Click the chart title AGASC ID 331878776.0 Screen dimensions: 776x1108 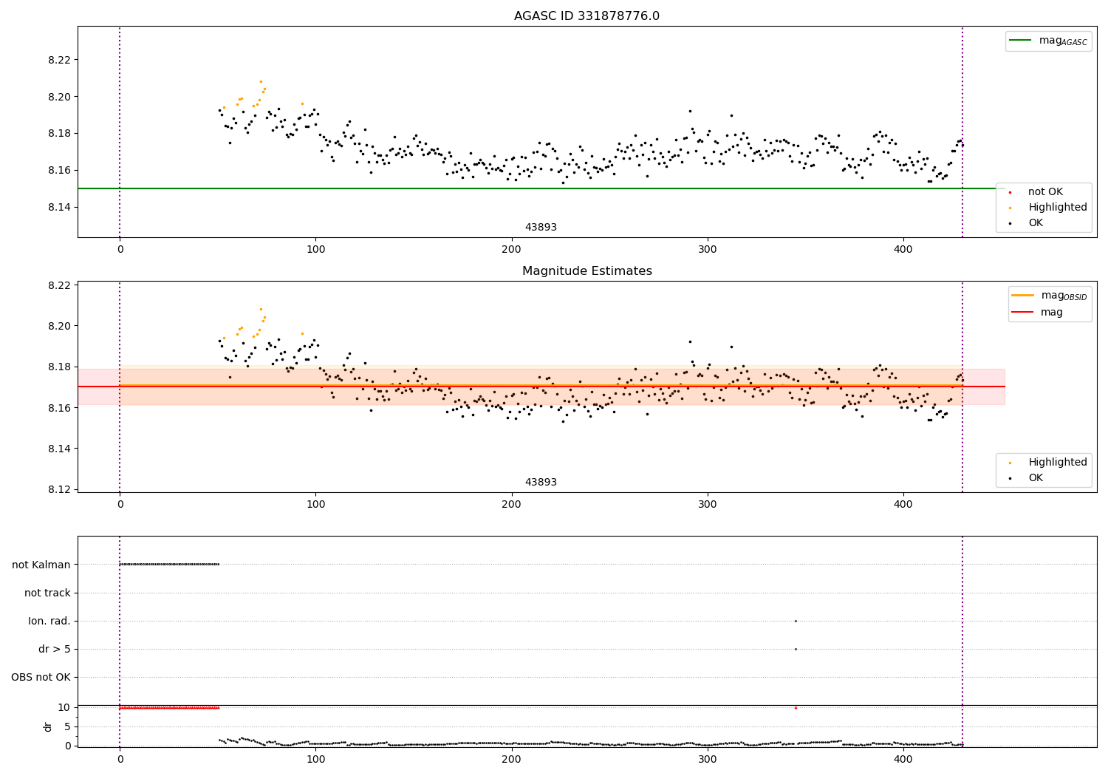click(587, 16)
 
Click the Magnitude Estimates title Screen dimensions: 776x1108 click(587, 271)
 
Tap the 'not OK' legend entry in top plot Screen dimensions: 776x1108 click(1045, 192)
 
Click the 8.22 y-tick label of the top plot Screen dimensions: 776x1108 click(58, 60)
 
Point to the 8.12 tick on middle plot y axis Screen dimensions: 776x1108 click(58, 489)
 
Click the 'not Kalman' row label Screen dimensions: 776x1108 click(41, 565)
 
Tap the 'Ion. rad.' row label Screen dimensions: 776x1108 click(49, 621)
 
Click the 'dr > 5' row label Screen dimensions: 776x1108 click(55, 649)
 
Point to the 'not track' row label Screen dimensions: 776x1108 click(47, 593)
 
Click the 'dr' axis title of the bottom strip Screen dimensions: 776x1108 click(48, 726)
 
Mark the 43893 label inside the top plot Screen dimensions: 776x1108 click(541, 228)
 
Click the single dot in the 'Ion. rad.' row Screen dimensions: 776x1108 click(796, 621)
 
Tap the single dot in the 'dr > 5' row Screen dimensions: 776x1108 click(796, 649)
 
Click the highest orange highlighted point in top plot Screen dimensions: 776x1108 click(261, 81)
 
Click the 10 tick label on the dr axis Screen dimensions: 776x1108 click(64, 707)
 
